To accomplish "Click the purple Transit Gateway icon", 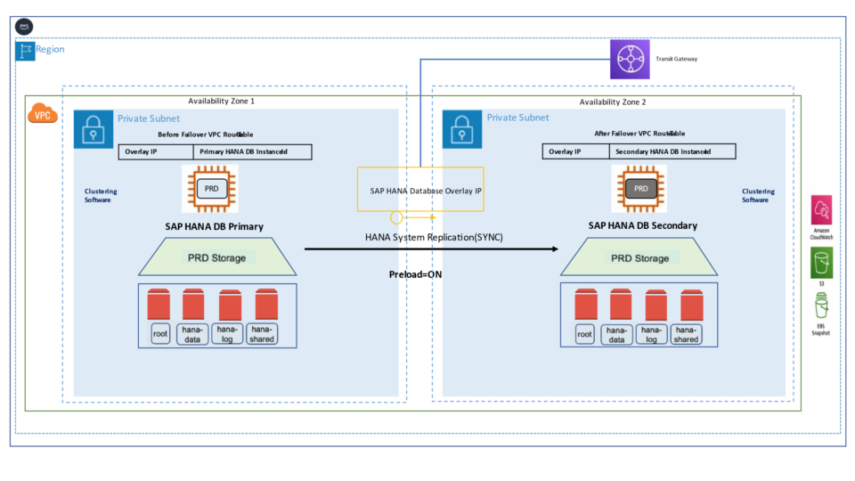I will click(x=630, y=59).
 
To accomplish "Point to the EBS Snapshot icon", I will click(x=820, y=308).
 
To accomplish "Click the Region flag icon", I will click(x=25, y=50).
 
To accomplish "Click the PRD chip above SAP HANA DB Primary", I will click(x=210, y=188).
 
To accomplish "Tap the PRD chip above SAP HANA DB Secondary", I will click(x=639, y=188).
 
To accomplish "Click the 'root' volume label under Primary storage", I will click(x=160, y=334).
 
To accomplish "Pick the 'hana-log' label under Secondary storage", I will click(x=651, y=334).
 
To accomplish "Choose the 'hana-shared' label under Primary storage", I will click(x=262, y=334).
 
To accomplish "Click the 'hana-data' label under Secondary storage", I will click(x=615, y=334).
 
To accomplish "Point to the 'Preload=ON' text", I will click(x=415, y=274).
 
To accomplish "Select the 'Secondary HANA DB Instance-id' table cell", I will click(x=672, y=152).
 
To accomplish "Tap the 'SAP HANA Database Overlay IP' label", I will click(x=419, y=191).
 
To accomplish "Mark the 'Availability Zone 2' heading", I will click(x=613, y=102).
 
